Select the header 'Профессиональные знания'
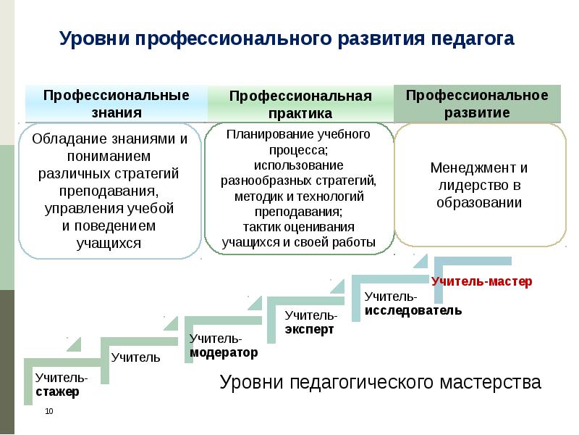point(117,104)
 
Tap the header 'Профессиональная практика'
point(300,105)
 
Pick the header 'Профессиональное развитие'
point(477,104)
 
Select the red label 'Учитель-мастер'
point(482,281)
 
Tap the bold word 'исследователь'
point(413,310)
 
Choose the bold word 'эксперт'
point(310,328)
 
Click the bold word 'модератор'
point(224,352)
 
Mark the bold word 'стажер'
point(57,391)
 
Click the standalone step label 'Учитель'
point(136,357)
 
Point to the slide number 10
point(49,412)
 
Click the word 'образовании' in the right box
point(479,202)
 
